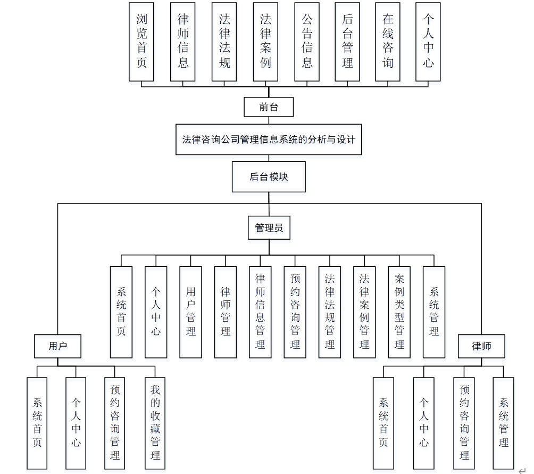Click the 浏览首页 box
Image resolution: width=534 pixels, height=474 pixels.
(x=141, y=42)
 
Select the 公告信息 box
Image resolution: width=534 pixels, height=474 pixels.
(x=307, y=42)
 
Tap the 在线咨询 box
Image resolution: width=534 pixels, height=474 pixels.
(x=388, y=42)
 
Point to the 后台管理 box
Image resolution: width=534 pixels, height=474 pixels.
(x=347, y=42)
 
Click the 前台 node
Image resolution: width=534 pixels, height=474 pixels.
(x=269, y=107)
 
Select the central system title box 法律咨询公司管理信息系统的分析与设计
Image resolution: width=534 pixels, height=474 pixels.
(x=269, y=140)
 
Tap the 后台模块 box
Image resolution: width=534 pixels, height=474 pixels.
(x=269, y=176)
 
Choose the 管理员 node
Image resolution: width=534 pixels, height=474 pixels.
(x=269, y=228)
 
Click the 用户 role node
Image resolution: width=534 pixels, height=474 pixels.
(x=57, y=346)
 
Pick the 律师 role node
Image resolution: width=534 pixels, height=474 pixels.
(x=481, y=346)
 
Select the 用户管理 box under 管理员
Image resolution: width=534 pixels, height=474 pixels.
(x=191, y=312)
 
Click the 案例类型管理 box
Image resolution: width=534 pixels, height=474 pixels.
(x=399, y=312)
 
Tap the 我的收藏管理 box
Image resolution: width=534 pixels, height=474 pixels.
(x=155, y=423)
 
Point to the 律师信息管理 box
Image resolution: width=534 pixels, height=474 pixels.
(x=260, y=312)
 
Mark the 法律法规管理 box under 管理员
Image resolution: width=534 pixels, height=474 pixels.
(x=330, y=312)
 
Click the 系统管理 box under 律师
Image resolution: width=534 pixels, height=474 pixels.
(x=503, y=423)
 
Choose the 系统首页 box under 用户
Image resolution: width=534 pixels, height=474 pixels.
(x=37, y=423)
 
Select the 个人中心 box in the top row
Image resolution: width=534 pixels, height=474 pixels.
(x=428, y=42)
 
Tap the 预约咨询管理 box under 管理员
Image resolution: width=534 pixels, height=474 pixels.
(x=295, y=312)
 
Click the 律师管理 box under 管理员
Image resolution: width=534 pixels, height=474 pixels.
(x=226, y=312)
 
